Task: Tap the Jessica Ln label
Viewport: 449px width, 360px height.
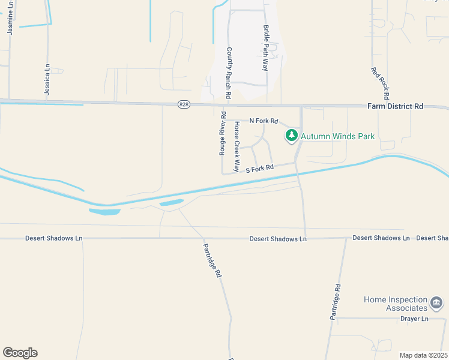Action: pos(47,79)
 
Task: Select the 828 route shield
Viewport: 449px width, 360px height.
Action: pos(184,104)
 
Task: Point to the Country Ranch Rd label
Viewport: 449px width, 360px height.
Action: pos(229,73)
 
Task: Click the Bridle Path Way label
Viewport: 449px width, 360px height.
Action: pos(265,47)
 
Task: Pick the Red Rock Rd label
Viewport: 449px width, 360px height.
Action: pos(381,83)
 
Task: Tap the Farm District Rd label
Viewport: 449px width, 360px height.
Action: pos(395,106)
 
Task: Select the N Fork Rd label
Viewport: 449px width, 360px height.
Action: pos(264,121)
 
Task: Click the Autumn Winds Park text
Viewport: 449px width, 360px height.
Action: pos(337,136)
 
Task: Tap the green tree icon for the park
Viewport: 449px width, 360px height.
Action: pos(292,136)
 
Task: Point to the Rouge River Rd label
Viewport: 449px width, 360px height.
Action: pos(222,133)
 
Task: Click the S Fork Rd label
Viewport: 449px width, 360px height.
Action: pos(260,169)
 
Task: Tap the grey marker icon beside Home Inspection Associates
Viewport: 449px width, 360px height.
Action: pos(438,303)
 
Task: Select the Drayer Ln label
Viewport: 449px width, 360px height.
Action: pos(414,319)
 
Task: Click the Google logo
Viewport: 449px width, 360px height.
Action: pos(20,352)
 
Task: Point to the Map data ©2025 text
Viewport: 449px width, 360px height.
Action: pos(423,355)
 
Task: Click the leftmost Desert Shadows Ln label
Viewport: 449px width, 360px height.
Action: pos(53,238)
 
